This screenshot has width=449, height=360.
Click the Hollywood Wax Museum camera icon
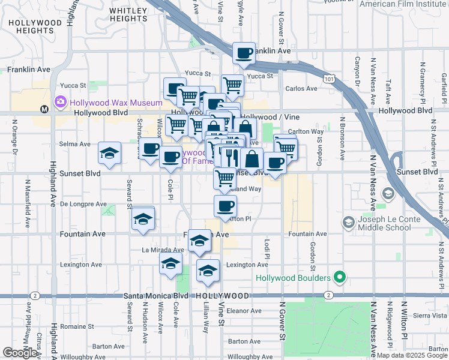61,103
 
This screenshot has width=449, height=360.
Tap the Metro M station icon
44,109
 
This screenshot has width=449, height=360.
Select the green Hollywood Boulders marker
340,278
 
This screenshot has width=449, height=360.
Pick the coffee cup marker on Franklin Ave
244,53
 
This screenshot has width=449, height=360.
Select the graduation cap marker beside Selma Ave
110,154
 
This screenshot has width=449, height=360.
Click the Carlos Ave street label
301,89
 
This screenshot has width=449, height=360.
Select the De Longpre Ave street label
83,204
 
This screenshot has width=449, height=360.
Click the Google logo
20,353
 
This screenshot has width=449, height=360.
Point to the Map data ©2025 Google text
411,355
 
